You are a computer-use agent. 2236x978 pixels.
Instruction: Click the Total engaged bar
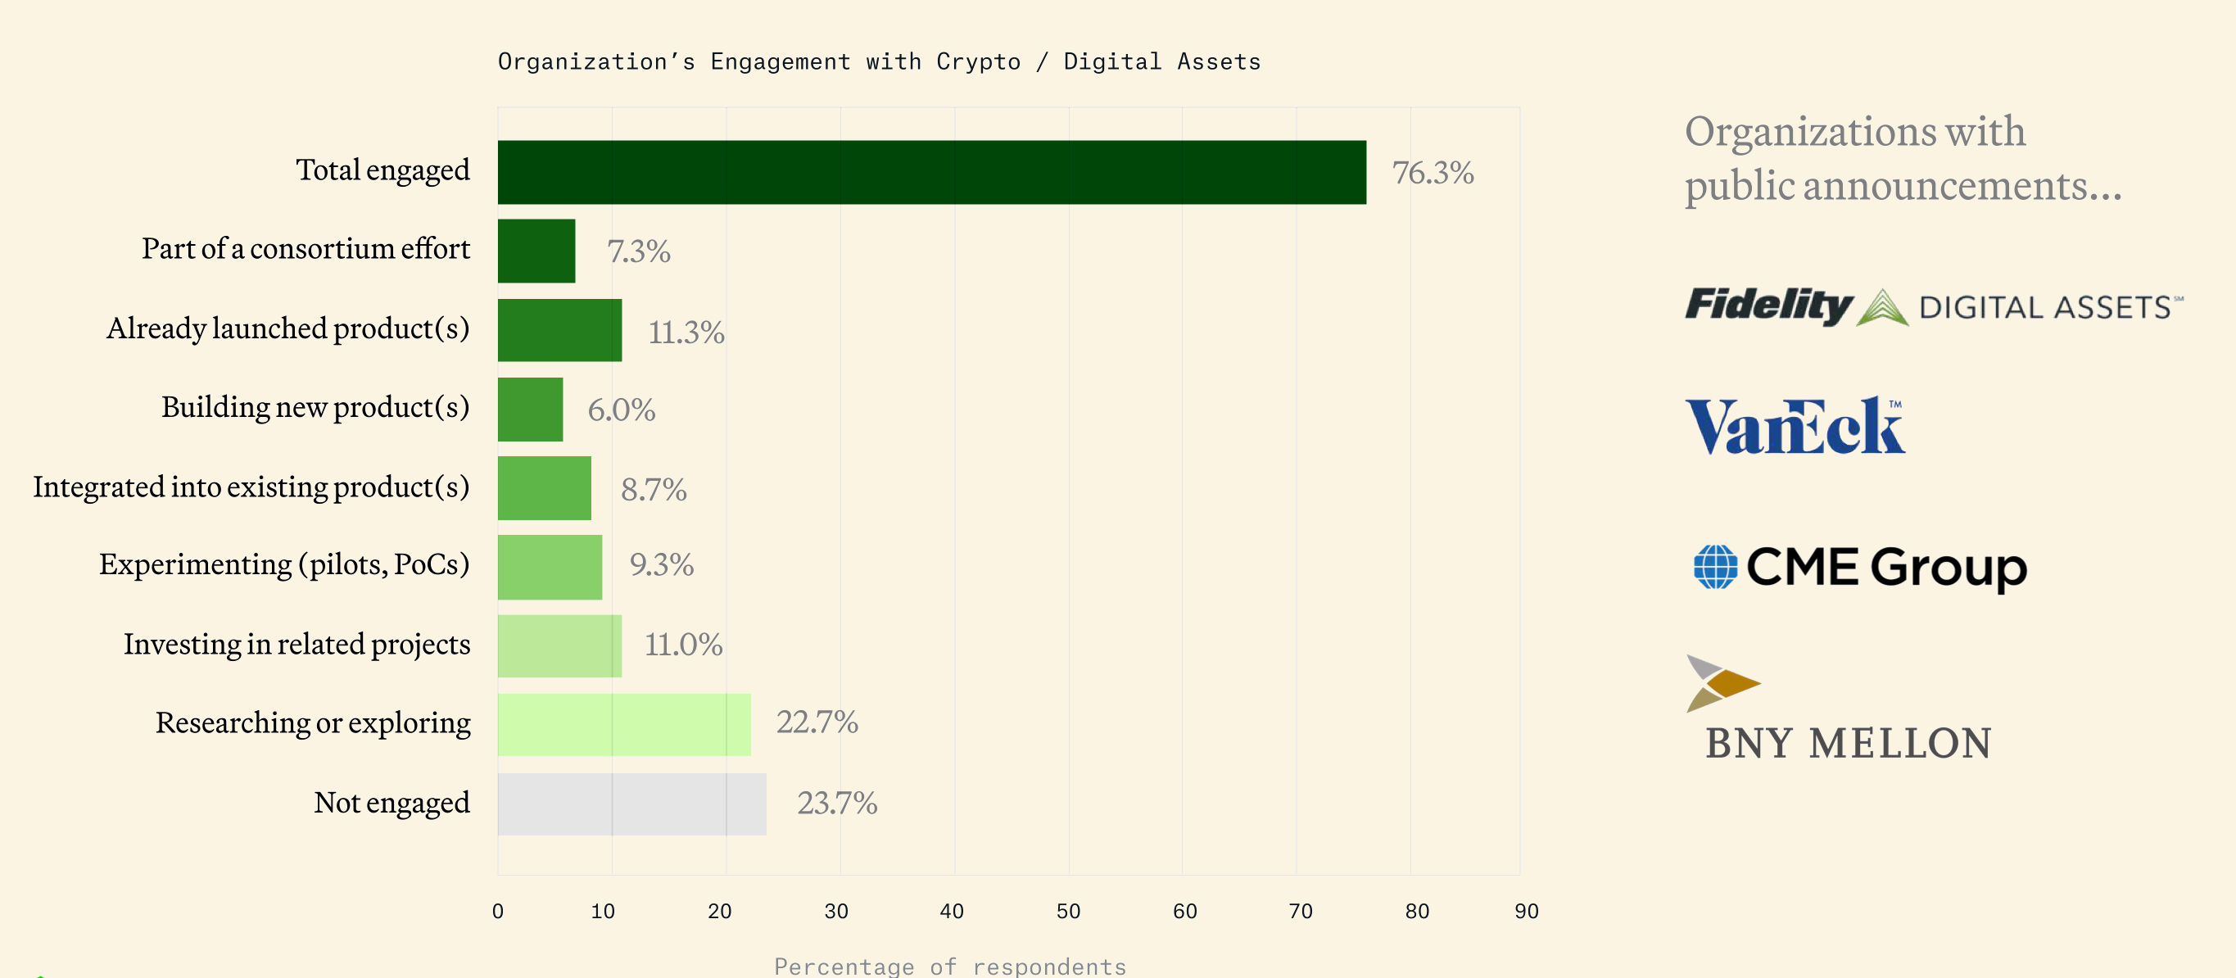(931, 172)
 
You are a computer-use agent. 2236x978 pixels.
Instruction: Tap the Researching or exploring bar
(623, 724)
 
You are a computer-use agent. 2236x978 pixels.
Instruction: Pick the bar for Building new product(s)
(529, 409)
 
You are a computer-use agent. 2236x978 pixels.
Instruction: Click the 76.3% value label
(1433, 172)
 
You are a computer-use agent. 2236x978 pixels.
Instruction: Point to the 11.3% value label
(686, 332)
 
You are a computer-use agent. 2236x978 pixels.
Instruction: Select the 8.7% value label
(653, 490)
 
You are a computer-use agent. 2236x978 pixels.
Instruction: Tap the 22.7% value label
(816, 722)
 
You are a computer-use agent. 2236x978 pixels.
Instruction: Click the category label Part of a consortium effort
(306, 249)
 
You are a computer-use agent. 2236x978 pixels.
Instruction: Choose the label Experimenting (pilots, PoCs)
(284, 565)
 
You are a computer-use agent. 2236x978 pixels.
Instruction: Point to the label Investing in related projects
(296, 644)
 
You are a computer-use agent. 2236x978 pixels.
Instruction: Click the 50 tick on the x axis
(1068, 911)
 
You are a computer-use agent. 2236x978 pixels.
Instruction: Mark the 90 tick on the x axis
(1526, 911)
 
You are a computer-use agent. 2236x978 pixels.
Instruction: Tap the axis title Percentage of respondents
(949, 966)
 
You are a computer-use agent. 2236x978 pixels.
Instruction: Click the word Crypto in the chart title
(977, 61)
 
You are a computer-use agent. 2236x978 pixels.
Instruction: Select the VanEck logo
(1795, 426)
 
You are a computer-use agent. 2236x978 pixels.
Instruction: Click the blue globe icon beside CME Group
(1715, 567)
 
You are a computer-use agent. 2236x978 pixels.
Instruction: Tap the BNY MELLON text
(1848, 744)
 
